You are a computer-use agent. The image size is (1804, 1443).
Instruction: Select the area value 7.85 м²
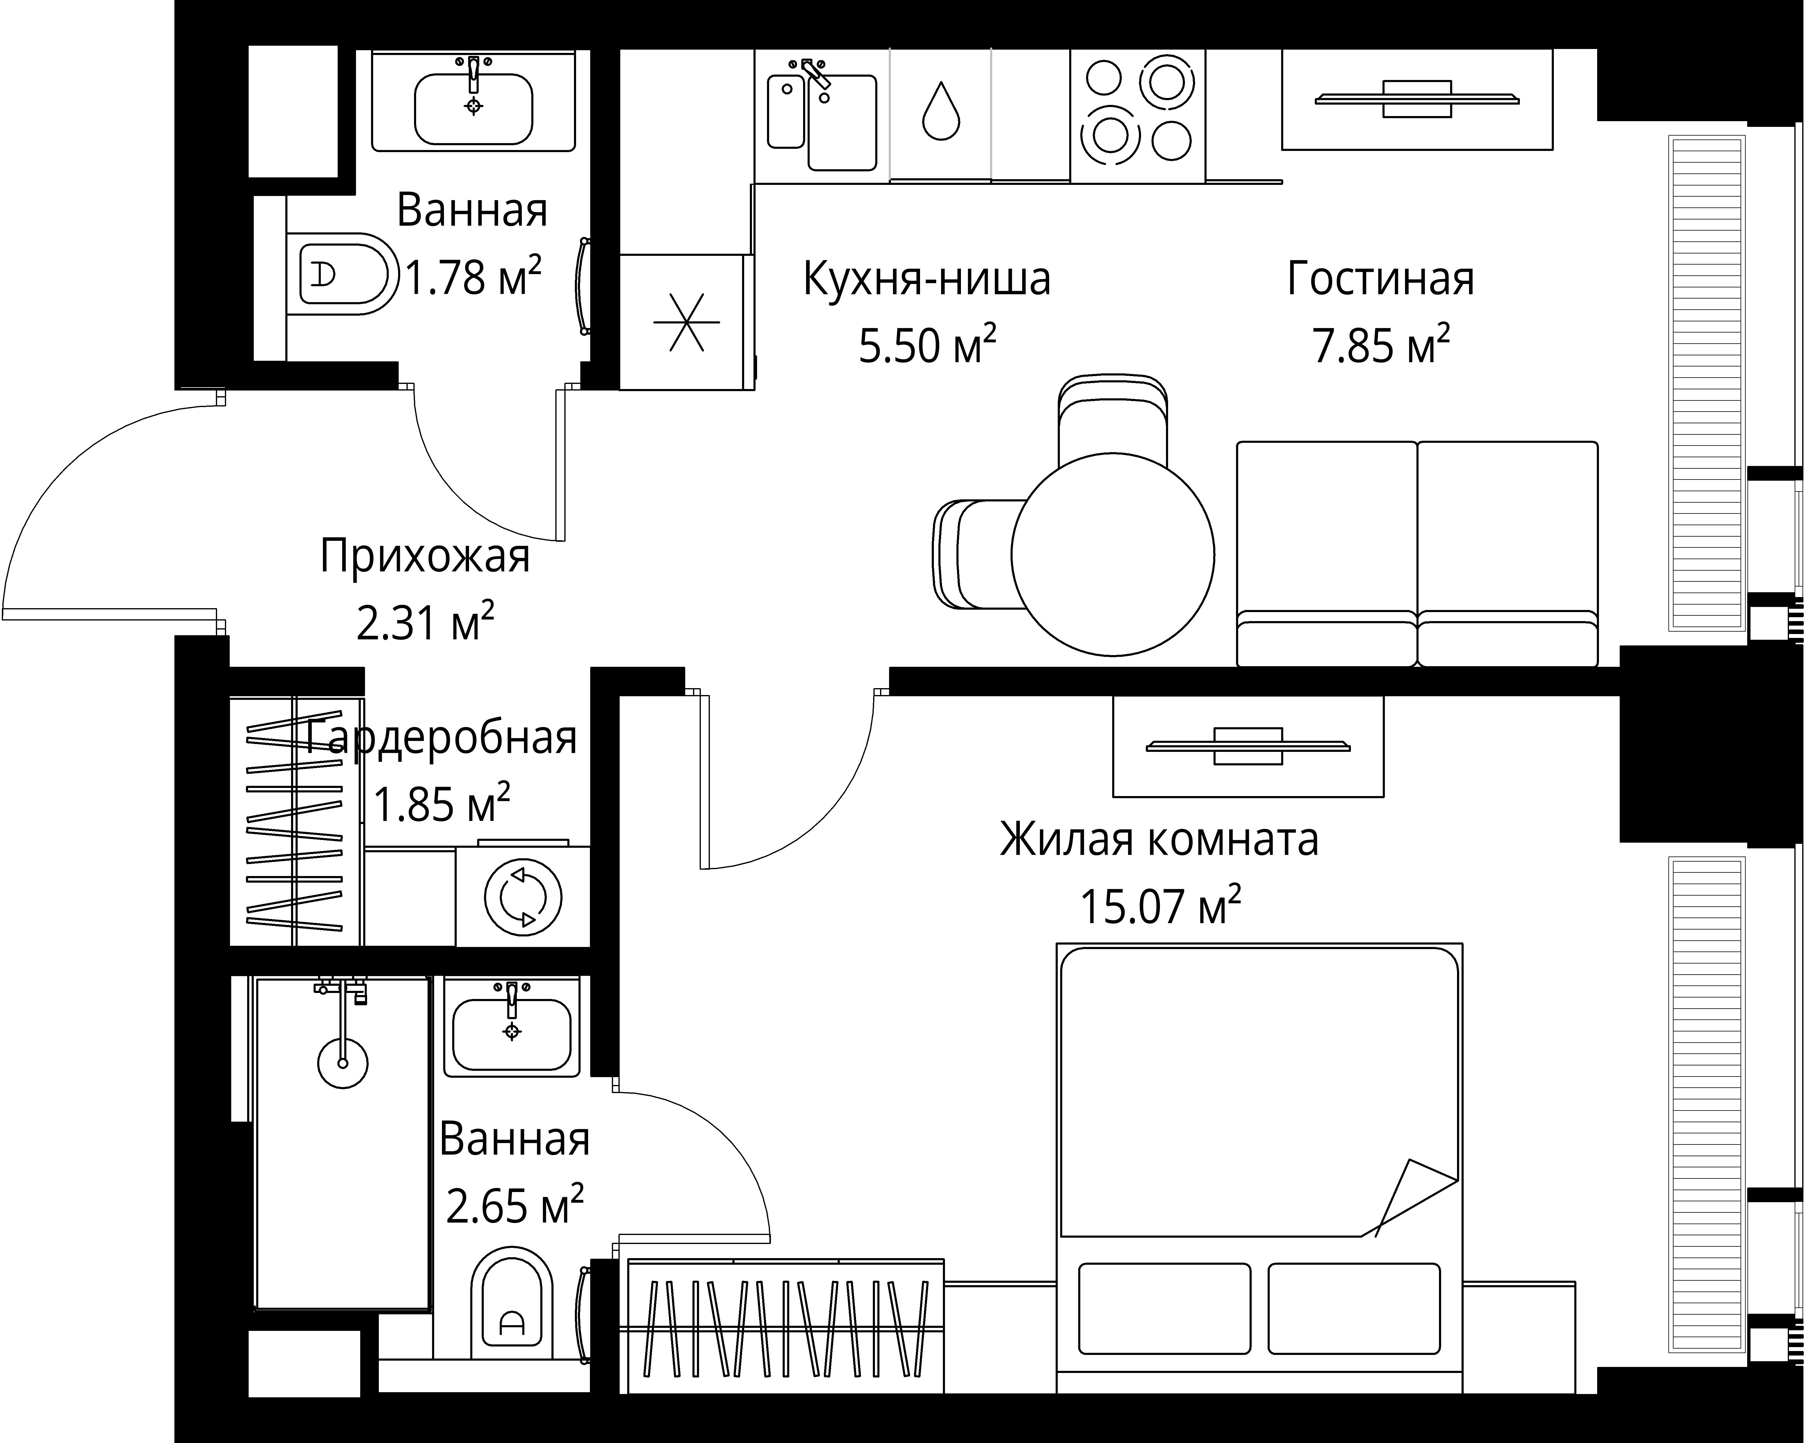point(1381,345)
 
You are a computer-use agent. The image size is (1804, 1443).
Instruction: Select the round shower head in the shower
point(342,1063)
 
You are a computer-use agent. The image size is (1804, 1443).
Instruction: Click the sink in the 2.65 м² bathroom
point(511,1034)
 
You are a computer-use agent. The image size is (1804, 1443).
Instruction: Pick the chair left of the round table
point(972,554)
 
